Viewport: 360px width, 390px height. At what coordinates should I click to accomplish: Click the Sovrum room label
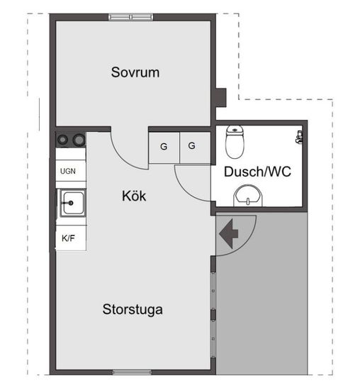pyautogui.click(x=135, y=72)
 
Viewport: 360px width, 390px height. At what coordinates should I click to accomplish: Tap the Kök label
pyautogui.click(x=134, y=196)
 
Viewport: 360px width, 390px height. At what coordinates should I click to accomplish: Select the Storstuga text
pyautogui.click(x=133, y=310)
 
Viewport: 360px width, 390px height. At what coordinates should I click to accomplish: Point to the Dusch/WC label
pyautogui.click(x=257, y=172)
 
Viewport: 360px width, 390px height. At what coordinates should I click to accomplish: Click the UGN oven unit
pyautogui.click(x=71, y=171)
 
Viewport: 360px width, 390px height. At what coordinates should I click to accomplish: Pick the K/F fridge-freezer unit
pyautogui.click(x=71, y=238)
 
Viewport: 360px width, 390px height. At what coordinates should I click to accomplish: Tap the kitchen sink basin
pyautogui.click(x=72, y=203)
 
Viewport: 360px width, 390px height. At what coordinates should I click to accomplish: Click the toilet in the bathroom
pyautogui.click(x=235, y=142)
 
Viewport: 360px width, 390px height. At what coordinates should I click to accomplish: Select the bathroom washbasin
pyautogui.click(x=248, y=196)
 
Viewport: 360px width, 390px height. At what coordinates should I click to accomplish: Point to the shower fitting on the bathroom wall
pyautogui.click(x=299, y=137)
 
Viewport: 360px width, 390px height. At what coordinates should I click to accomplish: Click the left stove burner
pyautogui.click(x=62, y=140)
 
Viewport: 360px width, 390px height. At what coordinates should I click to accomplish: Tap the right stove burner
pyautogui.click(x=79, y=140)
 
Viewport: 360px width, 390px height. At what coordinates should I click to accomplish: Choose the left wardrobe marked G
pyautogui.click(x=164, y=147)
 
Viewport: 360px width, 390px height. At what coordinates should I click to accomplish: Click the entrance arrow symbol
pyautogui.click(x=229, y=234)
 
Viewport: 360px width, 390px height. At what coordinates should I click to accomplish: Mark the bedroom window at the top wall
pyautogui.click(x=131, y=17)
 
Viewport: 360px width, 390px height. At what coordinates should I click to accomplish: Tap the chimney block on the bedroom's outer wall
pyautogui.click(x=221, y=98)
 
